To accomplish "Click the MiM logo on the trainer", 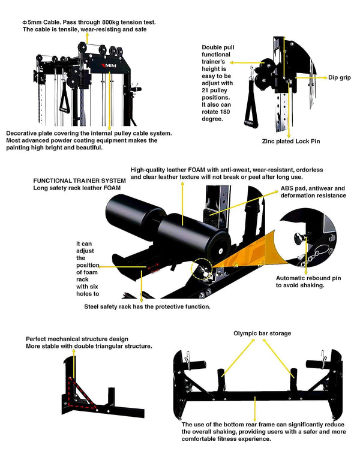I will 109,65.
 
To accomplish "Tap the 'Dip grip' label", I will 339,77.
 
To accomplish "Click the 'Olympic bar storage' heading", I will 262,333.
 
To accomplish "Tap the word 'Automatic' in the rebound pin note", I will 290,278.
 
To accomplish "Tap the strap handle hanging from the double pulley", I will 247,113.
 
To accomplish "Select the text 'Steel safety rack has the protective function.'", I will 146,306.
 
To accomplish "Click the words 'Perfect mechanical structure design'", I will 77,339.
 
